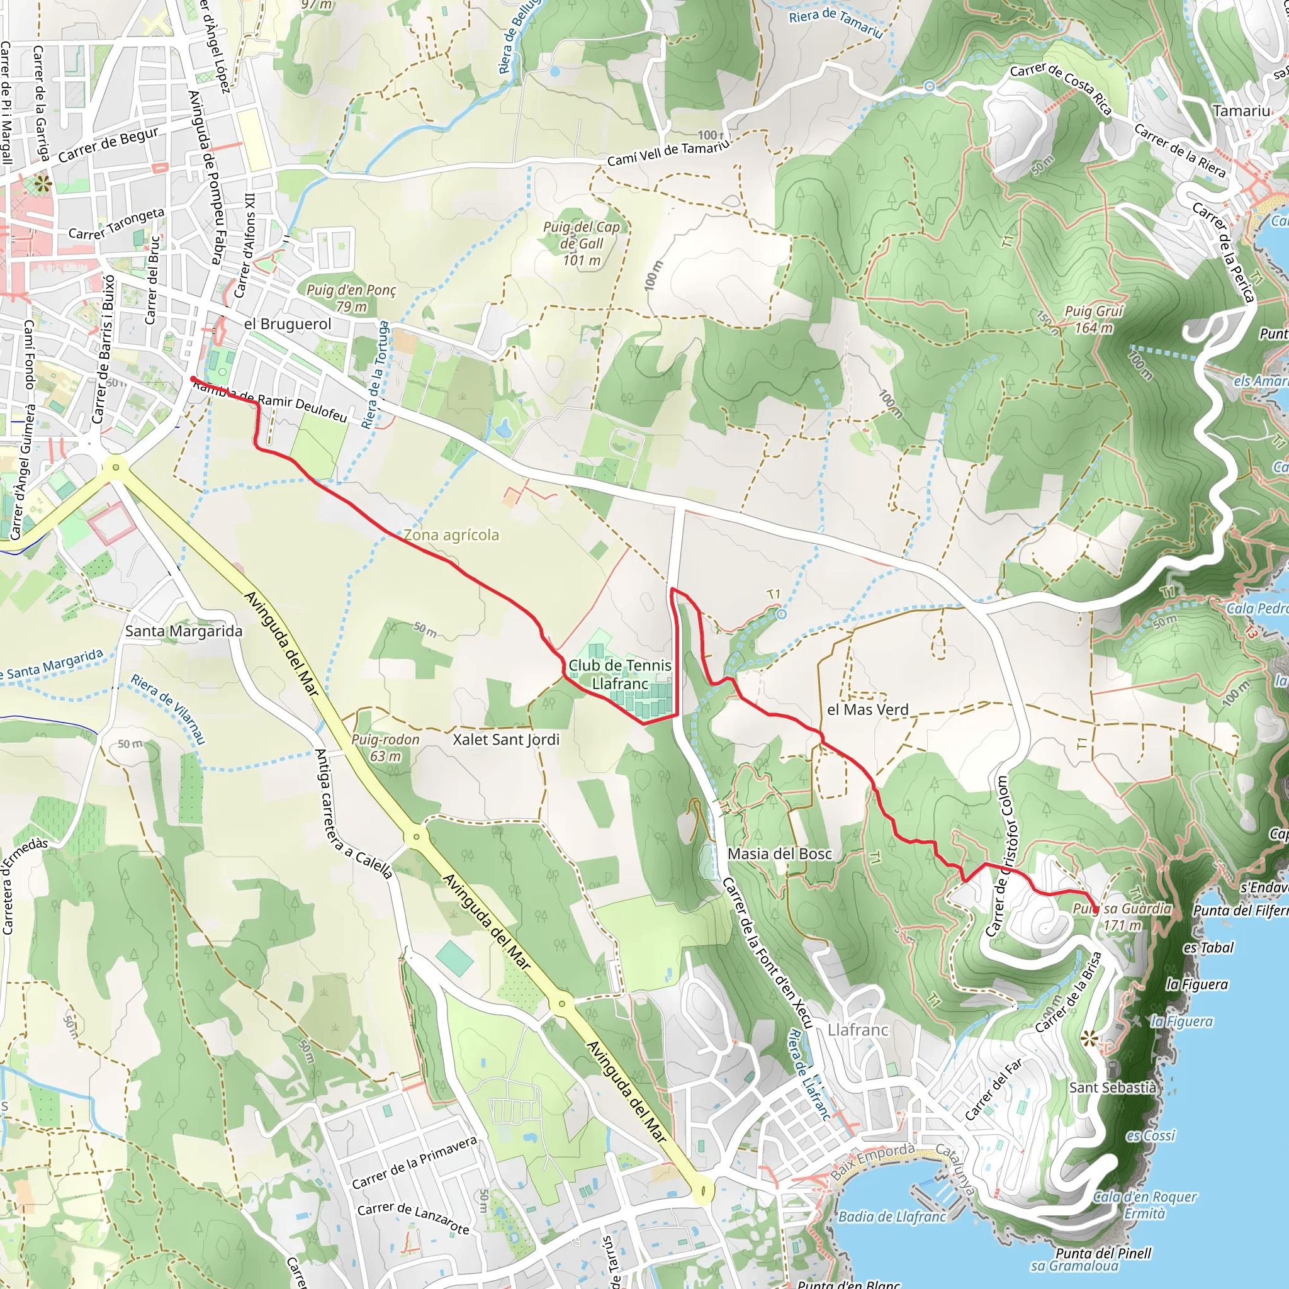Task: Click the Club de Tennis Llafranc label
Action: pyautogui.click(x=620, y=675)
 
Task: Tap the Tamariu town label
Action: pyautogui.click(x=1241, y=111)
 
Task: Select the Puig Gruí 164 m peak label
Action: pyautogui.click(x=1093, y=320)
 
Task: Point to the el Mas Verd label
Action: pyautogui.click(x=867, y=710)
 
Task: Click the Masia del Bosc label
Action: pyautogui.click(x=779, y=854)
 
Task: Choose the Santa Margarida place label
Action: pyautogui.click(x=184, y=631)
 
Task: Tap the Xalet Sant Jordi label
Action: pyautogui.click(x=506, y=740)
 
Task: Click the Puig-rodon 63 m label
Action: pyautogui.click(x=385, y=748)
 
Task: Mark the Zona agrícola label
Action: pyautogui.click(x=451, y=535)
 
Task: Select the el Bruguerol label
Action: pyautogui.click(x=288, y=324)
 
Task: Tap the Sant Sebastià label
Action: pyautogui.click(x=1112, y=1088)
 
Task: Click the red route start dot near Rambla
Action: pyautogui.click(x=193, y=379)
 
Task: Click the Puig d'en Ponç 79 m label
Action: pyautogui.click(x=351, y=298)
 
